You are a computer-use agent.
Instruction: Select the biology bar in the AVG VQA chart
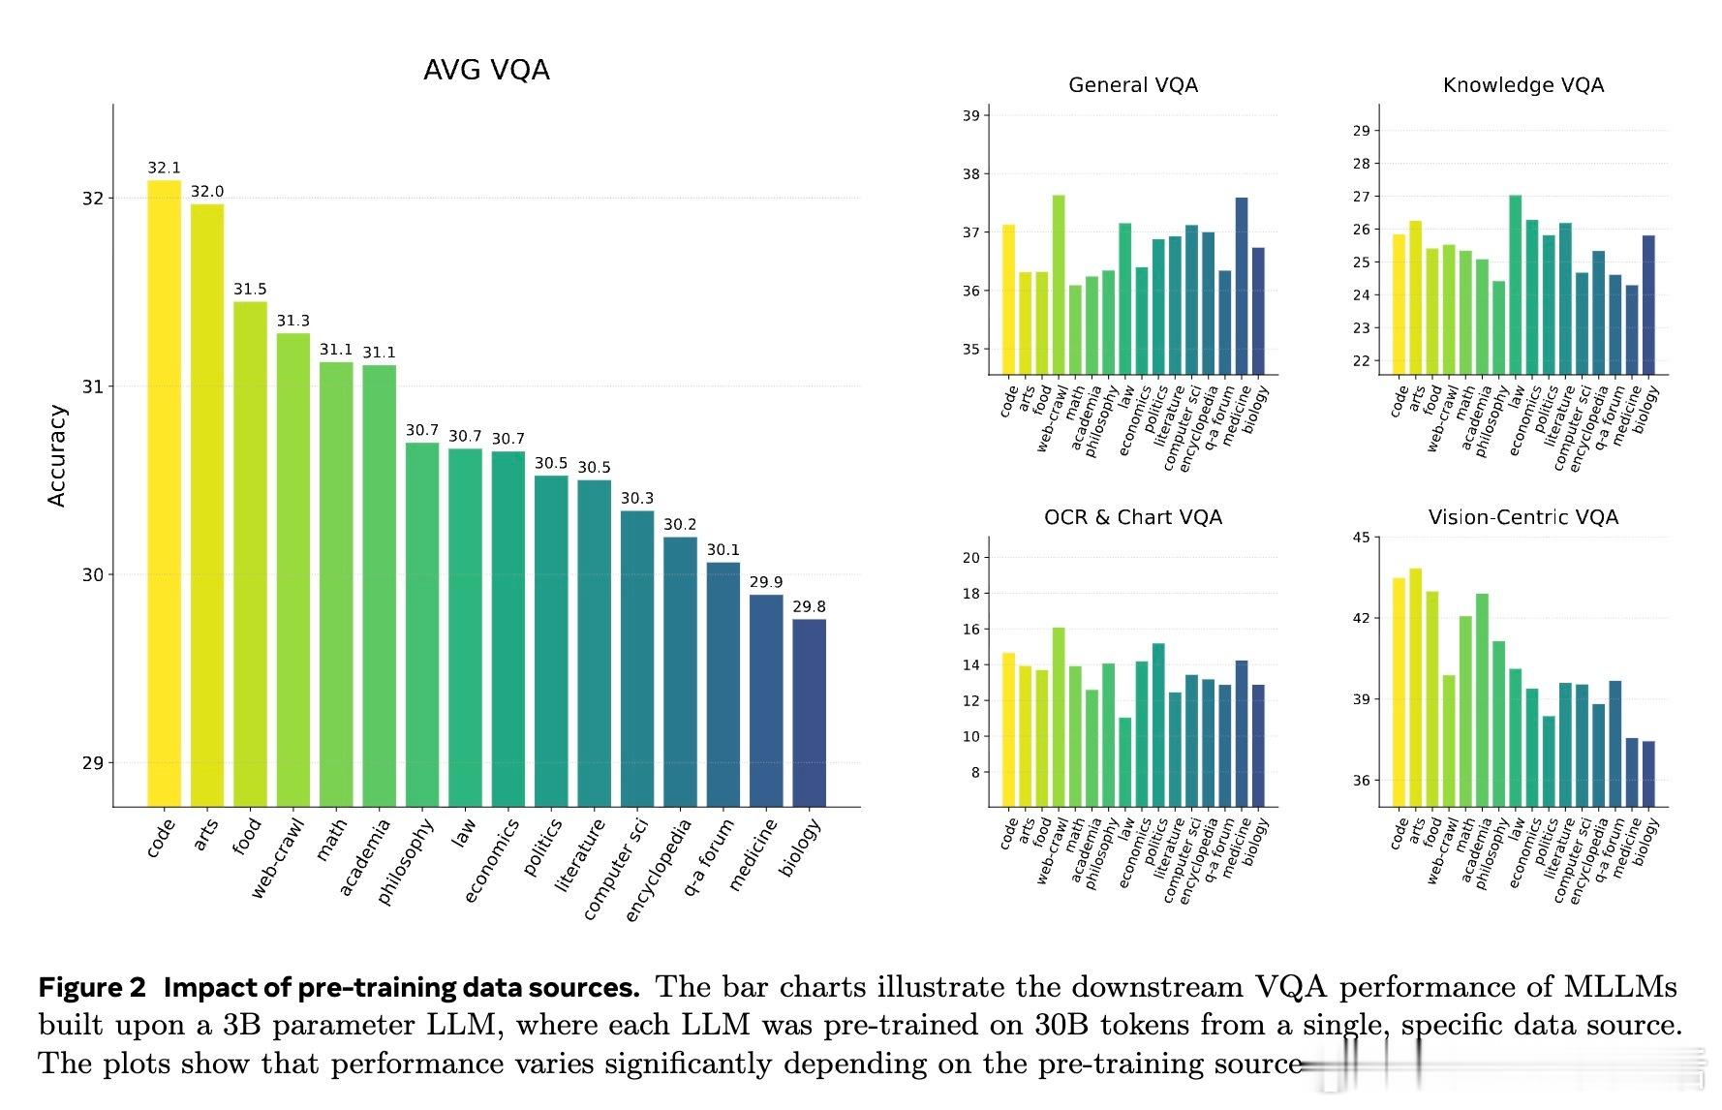point(809,712)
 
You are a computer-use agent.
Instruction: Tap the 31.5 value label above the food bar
point(250,289)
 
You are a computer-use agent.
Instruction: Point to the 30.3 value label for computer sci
point(637,498)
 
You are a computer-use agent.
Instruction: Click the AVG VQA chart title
point(486,70)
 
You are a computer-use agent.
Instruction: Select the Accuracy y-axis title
point(57,455)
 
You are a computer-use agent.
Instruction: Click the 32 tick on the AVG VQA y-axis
point(92,199)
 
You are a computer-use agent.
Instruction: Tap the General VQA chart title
point(1133,85)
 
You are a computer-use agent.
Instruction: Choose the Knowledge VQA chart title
point(1523,85)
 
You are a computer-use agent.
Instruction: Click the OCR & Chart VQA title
point(1133,517)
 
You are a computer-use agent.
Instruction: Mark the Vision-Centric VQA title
point(1523,517)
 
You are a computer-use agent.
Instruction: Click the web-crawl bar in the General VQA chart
point(1059,285)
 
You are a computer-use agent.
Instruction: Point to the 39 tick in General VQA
point(970,115)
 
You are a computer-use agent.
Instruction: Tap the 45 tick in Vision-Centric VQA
point(1362,538)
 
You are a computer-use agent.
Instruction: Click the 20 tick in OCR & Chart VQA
point(970,558)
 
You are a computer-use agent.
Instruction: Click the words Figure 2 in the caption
point(92,988)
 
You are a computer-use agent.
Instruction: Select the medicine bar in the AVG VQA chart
point(766,700)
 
